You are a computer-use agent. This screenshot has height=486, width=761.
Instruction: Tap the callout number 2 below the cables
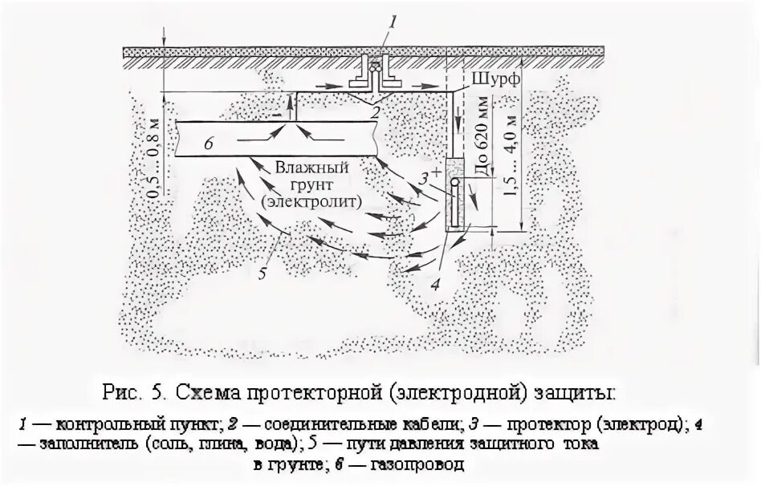coord(374,113)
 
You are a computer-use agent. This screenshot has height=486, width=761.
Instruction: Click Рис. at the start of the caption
coord(120,394)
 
